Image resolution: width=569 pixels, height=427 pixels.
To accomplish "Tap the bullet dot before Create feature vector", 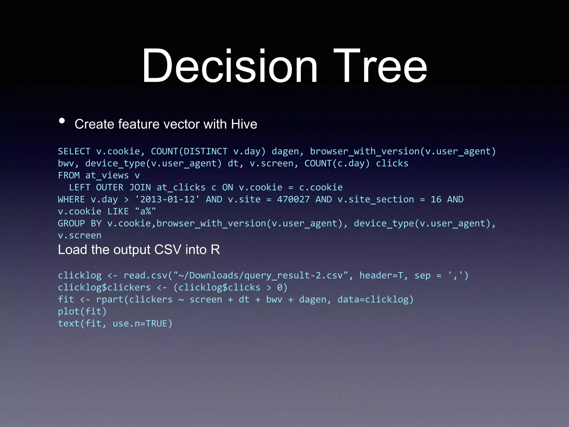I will pyautogui.click(x=62, y=121).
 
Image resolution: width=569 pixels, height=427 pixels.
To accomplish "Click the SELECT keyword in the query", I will pyautogui.click(x=74, y=151).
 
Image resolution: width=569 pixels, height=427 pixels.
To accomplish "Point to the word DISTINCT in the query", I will pyautogui.click(x=205, y=151).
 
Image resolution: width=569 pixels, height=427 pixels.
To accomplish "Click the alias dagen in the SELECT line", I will pyautogui.click(x=285, y=152).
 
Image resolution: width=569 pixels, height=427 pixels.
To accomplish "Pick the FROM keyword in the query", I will pyautogui.click(x=69, y=175).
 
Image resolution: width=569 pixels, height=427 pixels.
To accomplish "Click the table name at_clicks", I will pyautogui.click(x=181, y=187).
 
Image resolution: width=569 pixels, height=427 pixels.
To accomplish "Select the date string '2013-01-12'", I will pyautogui.click(x=167, y=199).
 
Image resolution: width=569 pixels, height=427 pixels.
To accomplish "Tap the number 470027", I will pyautogui.click(x=293, y=199).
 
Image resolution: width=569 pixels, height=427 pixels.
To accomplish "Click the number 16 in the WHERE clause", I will pyautogui.click(x=436, y=199).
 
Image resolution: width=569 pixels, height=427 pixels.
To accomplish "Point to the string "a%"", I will pyautogui.click(x=145, y=211).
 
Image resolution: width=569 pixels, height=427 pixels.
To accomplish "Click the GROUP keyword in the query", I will pyautogui.click(x=71, y=223).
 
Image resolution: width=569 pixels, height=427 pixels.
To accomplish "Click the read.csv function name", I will pyautogui.click(x=145, y=275).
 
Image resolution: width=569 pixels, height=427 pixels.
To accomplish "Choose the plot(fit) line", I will pyautogui.click(x=82, y=311).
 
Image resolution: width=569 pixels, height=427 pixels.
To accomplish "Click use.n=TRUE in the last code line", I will pyautogui.click(x=143, y=323).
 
